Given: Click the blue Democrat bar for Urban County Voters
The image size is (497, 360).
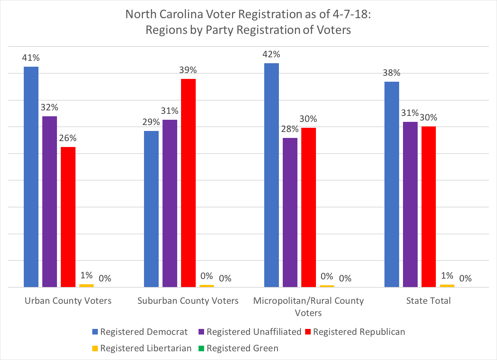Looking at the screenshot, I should click(x=31, y=177).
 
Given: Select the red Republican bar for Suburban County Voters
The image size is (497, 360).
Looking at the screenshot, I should click(x=188, y=183).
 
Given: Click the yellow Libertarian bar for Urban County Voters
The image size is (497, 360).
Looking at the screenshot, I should click(x=86, y=286).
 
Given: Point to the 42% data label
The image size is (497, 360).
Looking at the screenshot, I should click(x=272, y=54).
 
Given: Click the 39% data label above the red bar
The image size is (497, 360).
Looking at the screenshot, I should click(x=188, y=70).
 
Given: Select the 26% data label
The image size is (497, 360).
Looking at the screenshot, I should click(x=68, y=138).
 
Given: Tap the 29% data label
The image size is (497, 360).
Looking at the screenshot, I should click(x=151, y=122).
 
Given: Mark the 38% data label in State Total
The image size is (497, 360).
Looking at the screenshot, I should click(x=391, y=73).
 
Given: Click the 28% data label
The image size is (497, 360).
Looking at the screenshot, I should click(x=290, y=129).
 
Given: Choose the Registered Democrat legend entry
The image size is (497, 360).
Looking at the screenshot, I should click(x=140, y=332).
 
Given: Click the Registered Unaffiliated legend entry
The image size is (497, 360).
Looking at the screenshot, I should click(x=250, y=332).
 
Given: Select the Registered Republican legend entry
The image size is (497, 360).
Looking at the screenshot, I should click(x=355, y=332).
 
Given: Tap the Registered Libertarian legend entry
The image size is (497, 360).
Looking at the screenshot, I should click(x=142, y=348).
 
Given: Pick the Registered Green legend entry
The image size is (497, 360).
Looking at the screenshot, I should click(x=238, y=348).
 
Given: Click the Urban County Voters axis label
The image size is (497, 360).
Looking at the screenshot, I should click(x=68, y=301).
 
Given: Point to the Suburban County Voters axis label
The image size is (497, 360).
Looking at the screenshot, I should click(x=188, y=301).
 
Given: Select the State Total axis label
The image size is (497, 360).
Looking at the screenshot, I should click(x=428, y=301).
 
